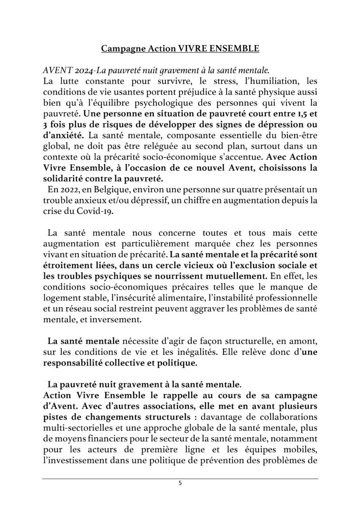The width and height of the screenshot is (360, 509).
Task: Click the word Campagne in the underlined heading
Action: [x=120, y=48]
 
